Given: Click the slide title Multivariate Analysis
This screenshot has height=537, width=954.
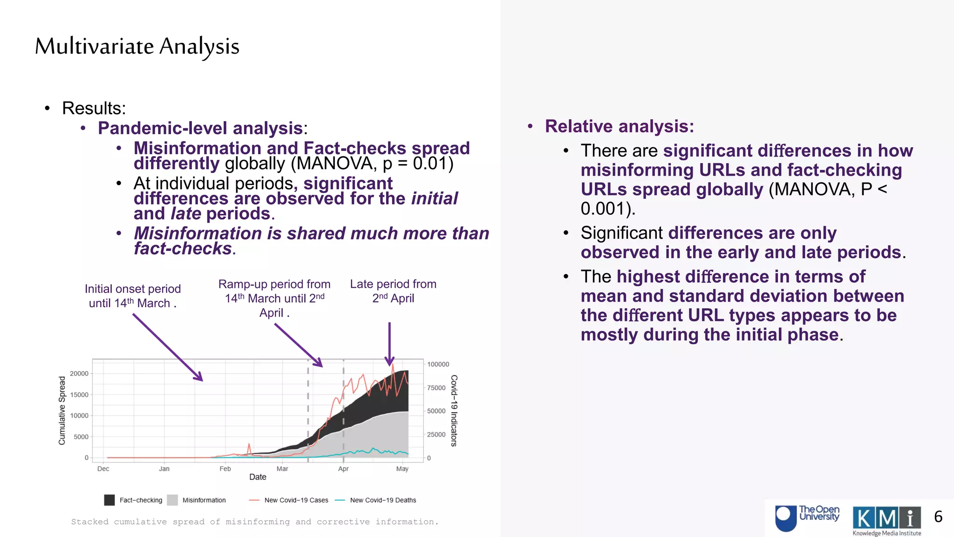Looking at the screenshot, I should pyautogui.click(x=137, y=47).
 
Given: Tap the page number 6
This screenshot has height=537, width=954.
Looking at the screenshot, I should pyautogui.click(x=938, y=516).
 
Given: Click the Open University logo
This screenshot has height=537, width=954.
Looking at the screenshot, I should pyautogui.click(x=807, y=517).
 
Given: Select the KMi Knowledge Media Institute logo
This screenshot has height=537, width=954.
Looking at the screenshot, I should pyautogui.click(x=886, y=520).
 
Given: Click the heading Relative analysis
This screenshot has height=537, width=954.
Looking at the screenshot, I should pyautogui.click(x=619, y=126).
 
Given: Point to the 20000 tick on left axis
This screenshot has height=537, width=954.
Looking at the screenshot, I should pyautogui.click(x=79, y=373).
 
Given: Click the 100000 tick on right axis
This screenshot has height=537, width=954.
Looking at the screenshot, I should pyautogui.click(x=438, y=364).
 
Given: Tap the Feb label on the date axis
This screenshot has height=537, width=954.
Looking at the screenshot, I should pyautogui.click(x=225, y=468).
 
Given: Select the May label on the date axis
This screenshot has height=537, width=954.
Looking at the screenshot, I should pyautogui.click(x=402, y=468).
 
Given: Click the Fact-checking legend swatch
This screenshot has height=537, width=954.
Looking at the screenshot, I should pyautogui.click(x=109, y=500).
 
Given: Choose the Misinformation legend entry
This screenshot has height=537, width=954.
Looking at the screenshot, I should pyautogui.click(x=204, y=500).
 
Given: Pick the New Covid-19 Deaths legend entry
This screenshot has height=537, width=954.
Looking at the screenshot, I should pyautogui.click(x=382, y=500).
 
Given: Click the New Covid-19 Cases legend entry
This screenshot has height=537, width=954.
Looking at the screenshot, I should pyautogui.click(x=296, y=500).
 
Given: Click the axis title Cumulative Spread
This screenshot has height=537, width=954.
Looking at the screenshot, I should pyautogui.click(x=62, y=410).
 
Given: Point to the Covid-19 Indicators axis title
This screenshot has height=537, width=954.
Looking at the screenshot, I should pyautogui.click(x=454, y=410).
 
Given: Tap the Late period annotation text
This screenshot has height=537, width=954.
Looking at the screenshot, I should pyautogui.click(x=393, y=291).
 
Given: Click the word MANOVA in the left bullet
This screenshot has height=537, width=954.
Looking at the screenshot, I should pyautogui.click(x=334, y=164).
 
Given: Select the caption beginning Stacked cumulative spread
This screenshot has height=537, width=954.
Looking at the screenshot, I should pyautogui.click(x=255, y=522).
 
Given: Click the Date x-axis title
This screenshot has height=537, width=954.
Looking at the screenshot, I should pyautogui.click(x=258, y=477).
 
